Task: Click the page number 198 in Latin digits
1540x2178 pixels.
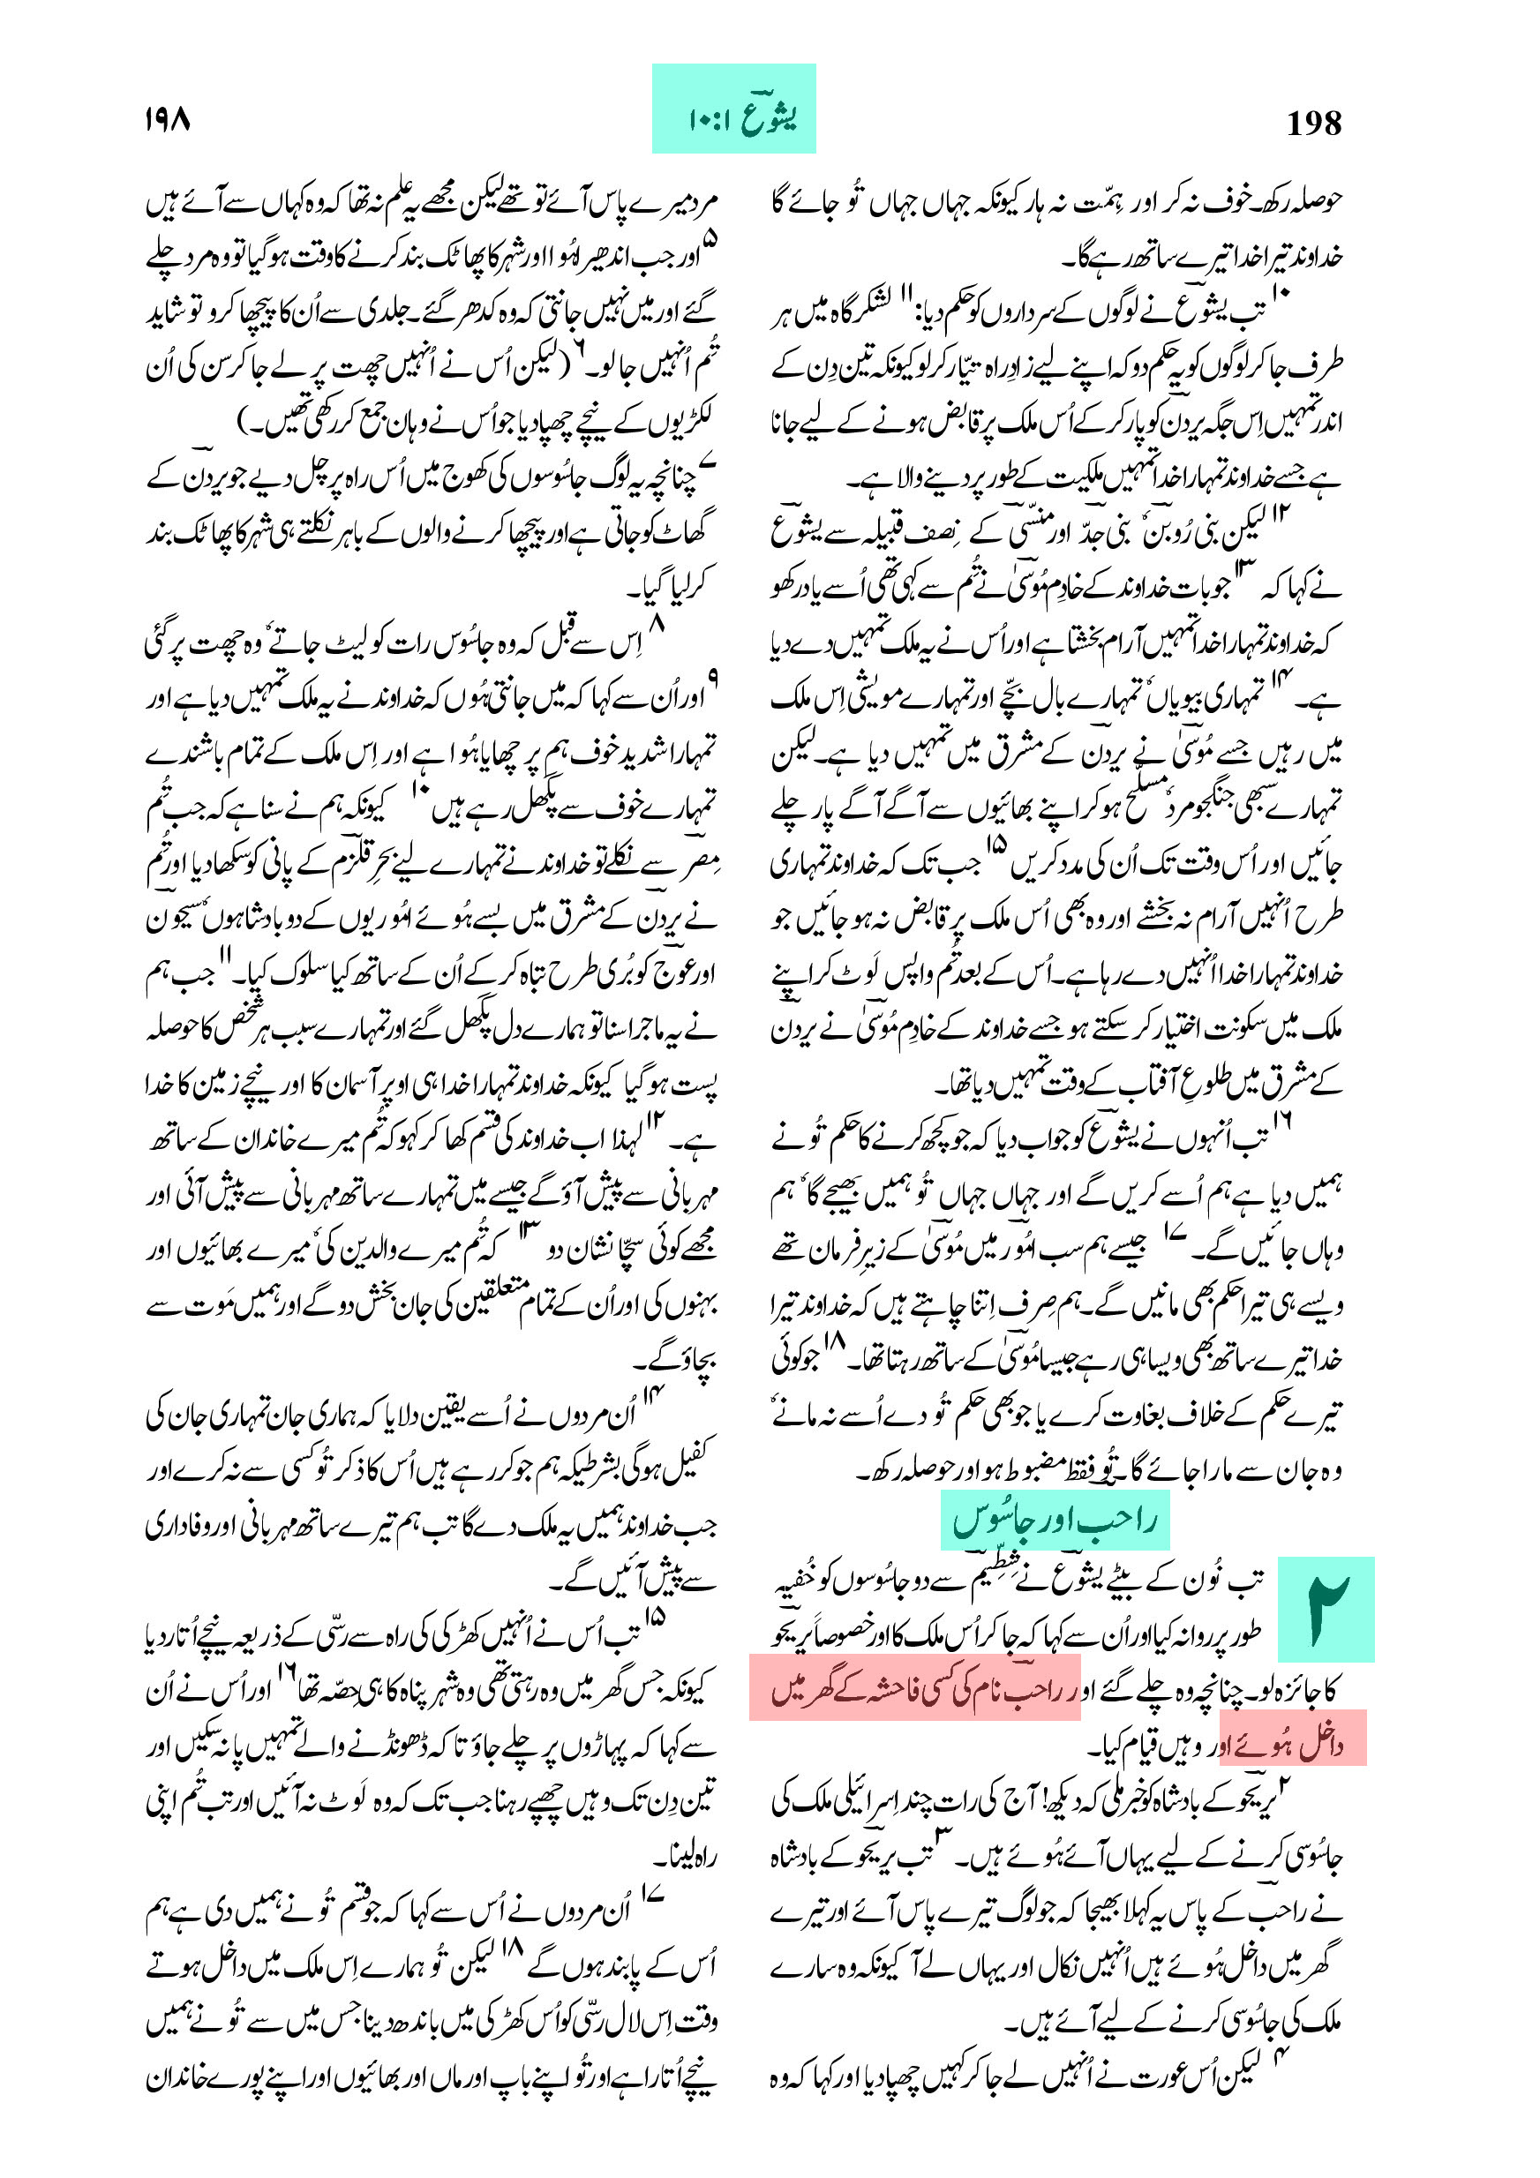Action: coord(1313,124)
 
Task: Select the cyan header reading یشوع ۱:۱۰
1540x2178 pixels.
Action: coord(733,109)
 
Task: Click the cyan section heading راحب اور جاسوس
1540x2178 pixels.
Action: coord(1055,1520)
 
